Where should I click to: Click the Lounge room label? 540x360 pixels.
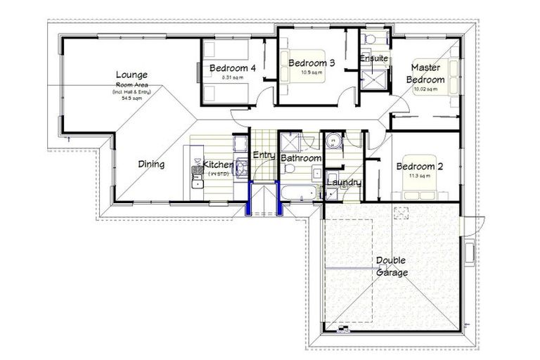pyautogui.click(x=131, y=75)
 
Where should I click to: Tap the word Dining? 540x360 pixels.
pyautogui.click(x=151, y=165)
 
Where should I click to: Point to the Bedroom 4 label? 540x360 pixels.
pyautogui.click(x=232, y=68)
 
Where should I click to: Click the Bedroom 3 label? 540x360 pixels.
pyautogui.click(x=311, y=63)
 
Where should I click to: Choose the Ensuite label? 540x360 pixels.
pyautogui.click(x=374, y=58)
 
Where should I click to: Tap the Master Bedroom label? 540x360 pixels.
pyautogui.click(x=428, y=74)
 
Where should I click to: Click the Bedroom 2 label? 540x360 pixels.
pyautogui.click(x=419, y=167)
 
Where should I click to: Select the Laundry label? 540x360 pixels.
pyautogui.click(x=344, y=183)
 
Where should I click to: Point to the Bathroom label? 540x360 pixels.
pyautogui.click(x=300, y=159)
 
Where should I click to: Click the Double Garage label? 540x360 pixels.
pyautogui.click(x=392, y=266)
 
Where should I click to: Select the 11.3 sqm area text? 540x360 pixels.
pyautogui.click(x=419, y=176)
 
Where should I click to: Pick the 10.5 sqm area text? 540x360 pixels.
pyautogui.click(x=311, y=72)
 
